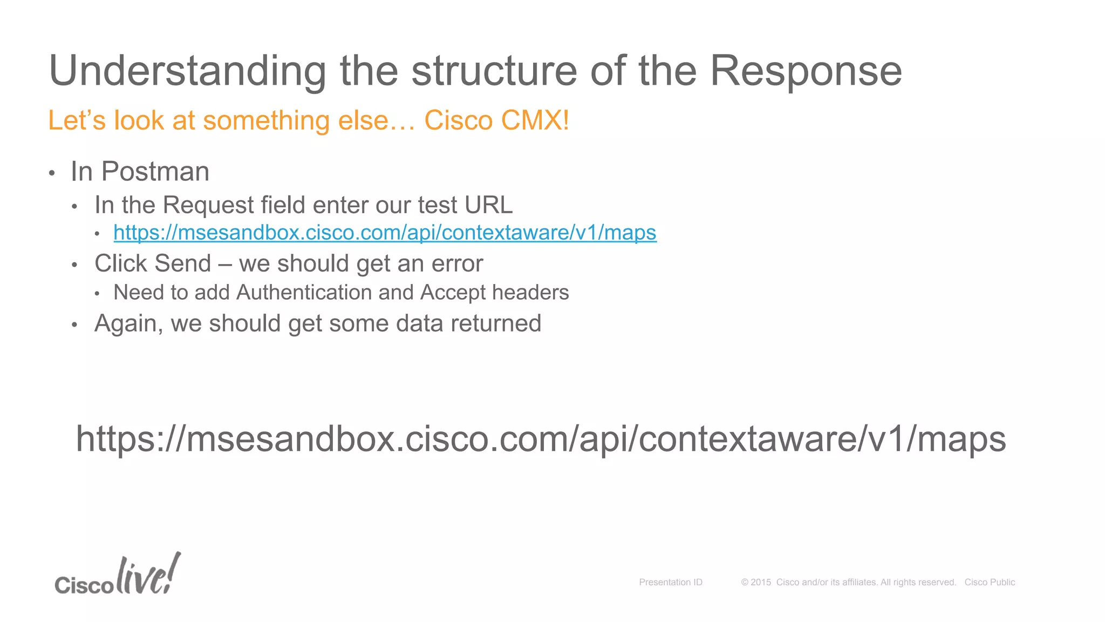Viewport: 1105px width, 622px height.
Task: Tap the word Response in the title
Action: click(806, 71)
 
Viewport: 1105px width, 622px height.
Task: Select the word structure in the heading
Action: click(494, 71)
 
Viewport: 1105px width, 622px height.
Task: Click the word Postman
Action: click(155, 172)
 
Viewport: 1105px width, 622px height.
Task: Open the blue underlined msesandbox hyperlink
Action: click(385, 233)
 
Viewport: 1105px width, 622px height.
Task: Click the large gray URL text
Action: click(541, 438)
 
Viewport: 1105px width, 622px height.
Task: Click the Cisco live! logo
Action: click(118, 576)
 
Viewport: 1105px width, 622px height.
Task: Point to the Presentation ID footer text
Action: click(671, 582)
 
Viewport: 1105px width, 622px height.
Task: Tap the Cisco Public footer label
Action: click(990, 582)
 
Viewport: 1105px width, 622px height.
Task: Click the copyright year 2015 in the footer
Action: click(761, 582)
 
